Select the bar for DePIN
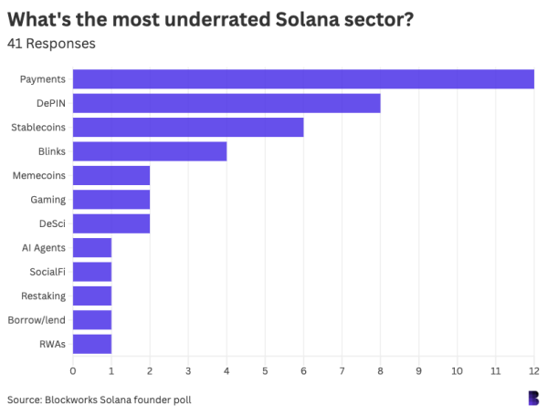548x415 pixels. tap(227, 103)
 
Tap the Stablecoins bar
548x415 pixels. tap(188, 127)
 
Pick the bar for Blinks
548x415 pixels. tap(150, 151)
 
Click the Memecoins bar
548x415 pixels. tap(111, 175)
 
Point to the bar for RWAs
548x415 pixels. tap(92, 344)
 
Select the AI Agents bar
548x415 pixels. tap(92, 247)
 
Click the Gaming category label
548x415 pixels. tap(47, 199)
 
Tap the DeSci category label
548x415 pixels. tap(51, 223)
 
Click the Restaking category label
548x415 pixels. tap(43, 296)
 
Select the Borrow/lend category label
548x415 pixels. tap(37, 320)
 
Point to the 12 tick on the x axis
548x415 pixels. tap(533, 370)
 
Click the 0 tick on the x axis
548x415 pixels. tap(73, 370)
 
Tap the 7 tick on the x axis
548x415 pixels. tap(342, 370)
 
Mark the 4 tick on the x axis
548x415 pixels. tap(227, 370)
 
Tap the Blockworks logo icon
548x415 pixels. tap(532, 398)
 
